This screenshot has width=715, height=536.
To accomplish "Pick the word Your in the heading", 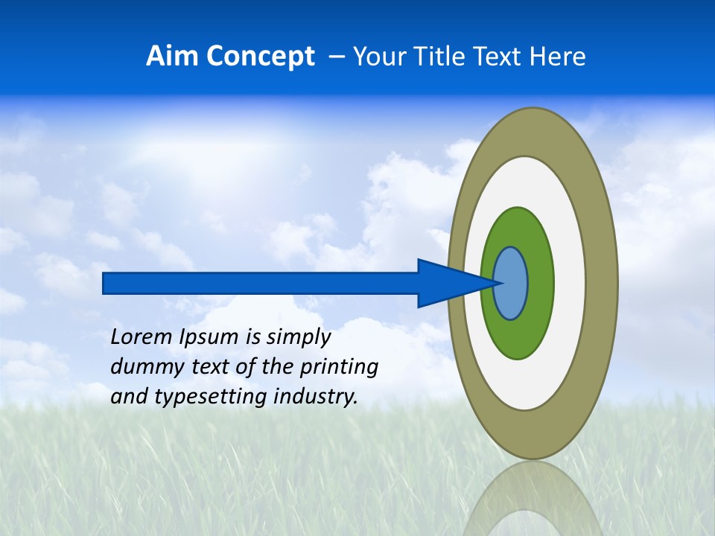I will pyautogui.click(x=379, y=57).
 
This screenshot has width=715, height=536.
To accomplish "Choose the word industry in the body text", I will pyautogui.click(x=316, y=397).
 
